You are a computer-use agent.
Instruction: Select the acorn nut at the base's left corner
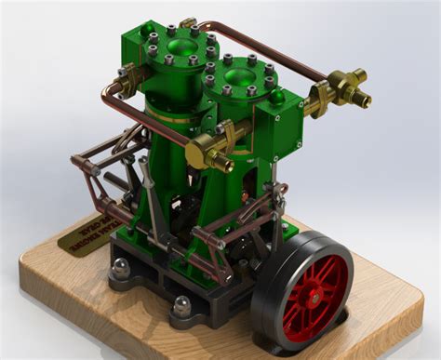(x=121, y=269)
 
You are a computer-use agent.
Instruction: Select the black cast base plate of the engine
(x=149, y=279)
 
